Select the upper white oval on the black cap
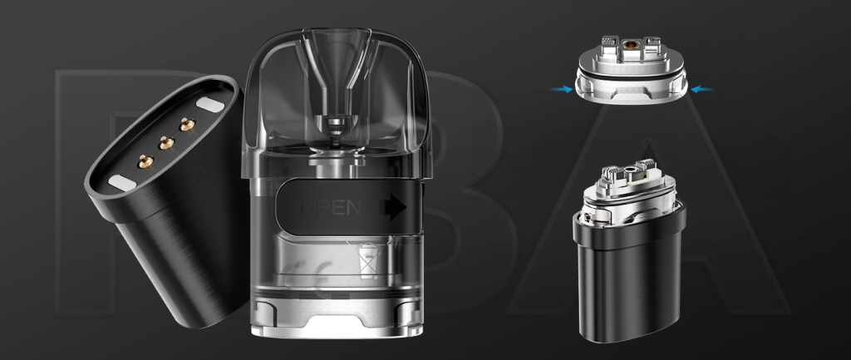[x=208, y=104]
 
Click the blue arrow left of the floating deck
[x=566, y=89]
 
